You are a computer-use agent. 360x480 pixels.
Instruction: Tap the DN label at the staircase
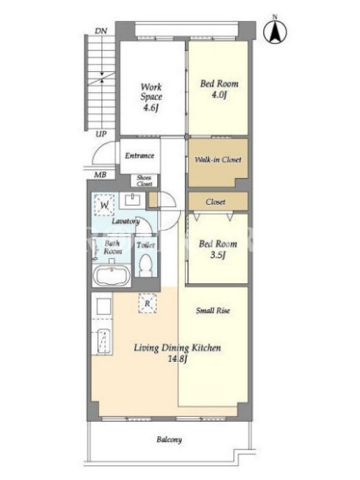click(101, 31)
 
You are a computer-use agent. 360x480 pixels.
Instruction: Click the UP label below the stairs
click(101, 134)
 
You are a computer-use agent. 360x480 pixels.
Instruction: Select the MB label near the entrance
click(100, 175)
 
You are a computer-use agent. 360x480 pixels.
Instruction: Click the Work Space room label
click(151, 97)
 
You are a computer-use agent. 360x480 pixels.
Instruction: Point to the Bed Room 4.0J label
click(219, 89)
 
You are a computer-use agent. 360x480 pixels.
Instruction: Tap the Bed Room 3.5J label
click(218, 249)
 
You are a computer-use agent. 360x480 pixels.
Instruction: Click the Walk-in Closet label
click(218, 160)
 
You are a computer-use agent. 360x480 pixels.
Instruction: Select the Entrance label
click(139, 155)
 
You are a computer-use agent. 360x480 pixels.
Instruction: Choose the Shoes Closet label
click(144, 181)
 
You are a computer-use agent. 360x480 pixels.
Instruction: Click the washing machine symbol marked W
click(104, 205)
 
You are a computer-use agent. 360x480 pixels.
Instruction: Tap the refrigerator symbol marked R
click(147, 304)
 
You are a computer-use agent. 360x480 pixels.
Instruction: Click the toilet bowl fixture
click(145, 265)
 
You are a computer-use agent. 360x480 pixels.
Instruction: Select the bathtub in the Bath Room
click(112, 275)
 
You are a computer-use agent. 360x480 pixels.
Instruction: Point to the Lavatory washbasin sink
click(132, 200)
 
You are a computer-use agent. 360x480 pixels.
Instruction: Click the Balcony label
click(169, 440)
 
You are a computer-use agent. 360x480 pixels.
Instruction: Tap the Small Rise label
click(213, 310)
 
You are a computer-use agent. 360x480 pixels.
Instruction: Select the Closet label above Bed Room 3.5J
click(215, 202)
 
